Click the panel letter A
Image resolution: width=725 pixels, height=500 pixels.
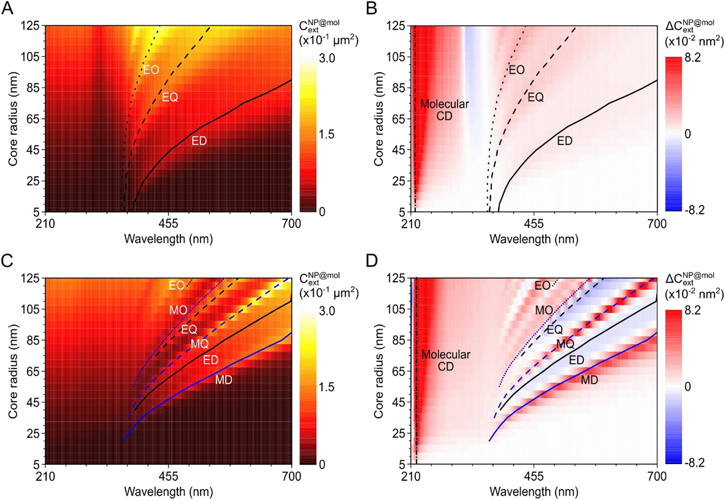tap(7, 8)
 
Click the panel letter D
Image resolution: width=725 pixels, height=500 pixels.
tap(372, 261)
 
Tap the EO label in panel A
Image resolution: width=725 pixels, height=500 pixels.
tap(151, 70)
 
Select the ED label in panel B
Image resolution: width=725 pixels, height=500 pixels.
tap(564, 141)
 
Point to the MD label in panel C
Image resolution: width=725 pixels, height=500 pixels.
tap(223, 380)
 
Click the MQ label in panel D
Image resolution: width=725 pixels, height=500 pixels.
tap(565, 344)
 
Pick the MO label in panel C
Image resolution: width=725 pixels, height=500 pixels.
tap(178, 310)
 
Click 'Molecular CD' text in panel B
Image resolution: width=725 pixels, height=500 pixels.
tap(444, 110)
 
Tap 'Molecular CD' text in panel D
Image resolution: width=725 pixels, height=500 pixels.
tap(445, 361)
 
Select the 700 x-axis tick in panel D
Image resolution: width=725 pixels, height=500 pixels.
tap(657, 476)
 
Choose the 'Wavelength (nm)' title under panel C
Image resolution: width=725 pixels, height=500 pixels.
tap(168, 491)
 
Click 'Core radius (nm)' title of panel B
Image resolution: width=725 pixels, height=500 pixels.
tap(379, 119)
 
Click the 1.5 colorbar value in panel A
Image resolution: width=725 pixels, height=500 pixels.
tap(327, 135)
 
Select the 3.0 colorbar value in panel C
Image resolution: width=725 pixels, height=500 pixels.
tap(327, 311)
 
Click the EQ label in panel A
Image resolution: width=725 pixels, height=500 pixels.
tap(170, 97)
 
